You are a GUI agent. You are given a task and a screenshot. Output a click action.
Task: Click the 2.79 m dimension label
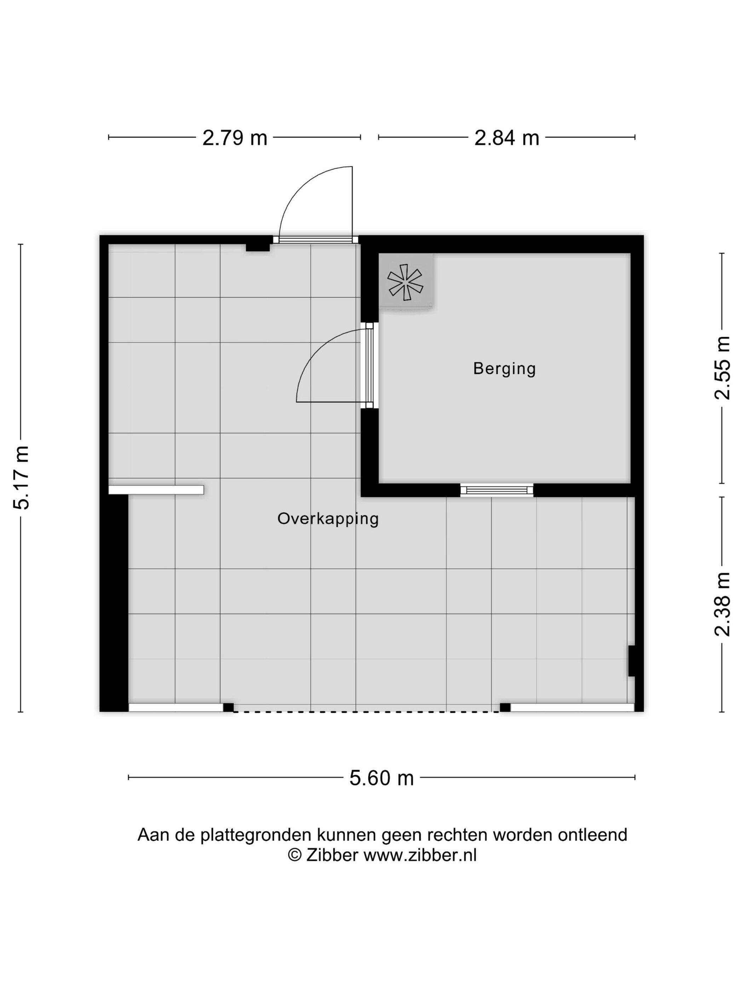pos(234,138)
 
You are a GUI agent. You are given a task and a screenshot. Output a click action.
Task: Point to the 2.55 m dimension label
pos(722,367)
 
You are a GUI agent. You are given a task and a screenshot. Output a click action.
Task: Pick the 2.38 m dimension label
pos(722,604)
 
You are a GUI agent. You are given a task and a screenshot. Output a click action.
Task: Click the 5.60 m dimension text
pos(381,777)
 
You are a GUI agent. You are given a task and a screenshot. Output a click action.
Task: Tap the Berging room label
pos(504,369)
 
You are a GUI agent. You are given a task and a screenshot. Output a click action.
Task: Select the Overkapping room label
pos(328,519)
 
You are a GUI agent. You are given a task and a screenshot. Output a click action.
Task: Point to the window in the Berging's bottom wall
pos(497,490)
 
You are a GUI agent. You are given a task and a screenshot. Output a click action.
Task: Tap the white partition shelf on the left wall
pos(156,490)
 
